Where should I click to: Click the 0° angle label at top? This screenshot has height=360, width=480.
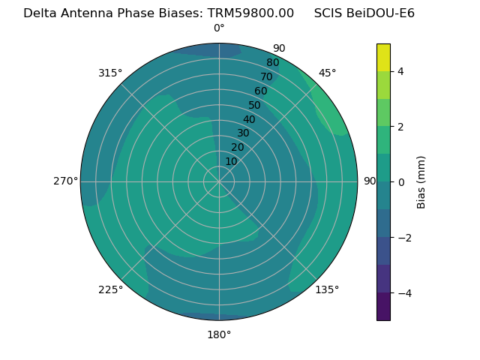pos(219,28)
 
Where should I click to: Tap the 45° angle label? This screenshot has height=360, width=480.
pos(327,73)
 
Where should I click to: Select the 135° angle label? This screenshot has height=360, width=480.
pos(327,289)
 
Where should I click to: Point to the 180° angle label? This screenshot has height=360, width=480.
pos(219,334)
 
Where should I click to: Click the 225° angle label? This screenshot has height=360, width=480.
pos(110,289)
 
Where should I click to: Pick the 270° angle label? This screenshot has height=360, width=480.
pos(65,181)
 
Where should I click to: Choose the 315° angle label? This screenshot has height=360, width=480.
pos(110,73)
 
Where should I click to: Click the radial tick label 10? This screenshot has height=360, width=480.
pos(231,161)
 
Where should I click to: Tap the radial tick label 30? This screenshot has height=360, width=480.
pos(243,133)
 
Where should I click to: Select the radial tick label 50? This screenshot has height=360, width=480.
pos(254,105)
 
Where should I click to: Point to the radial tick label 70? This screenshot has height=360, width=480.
pos(266,77)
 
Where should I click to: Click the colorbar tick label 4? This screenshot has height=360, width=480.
pos(401,71)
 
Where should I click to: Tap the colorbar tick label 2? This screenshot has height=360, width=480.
pos(401,127)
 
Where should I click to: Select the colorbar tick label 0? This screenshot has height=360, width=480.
pos(401,182)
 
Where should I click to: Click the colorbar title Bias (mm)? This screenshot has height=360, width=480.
pos(421,182)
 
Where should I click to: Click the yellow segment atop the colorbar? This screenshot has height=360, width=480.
pos(383,58)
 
